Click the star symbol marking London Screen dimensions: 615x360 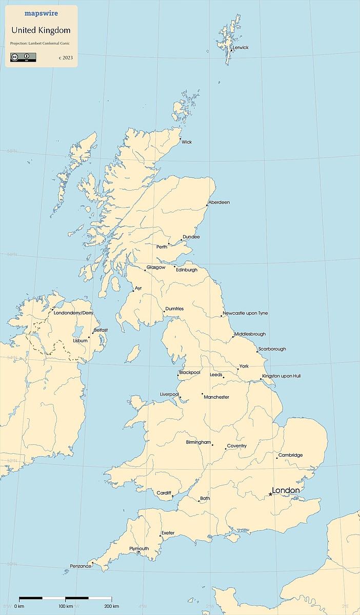(270, 494)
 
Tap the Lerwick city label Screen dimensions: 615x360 (241, 48)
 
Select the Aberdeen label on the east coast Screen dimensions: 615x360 (219, 202)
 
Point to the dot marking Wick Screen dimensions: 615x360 (181, 138)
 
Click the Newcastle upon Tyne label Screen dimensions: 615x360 (245, 313)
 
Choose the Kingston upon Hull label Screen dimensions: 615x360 (281, 376)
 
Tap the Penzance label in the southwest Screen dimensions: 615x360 (81, 566)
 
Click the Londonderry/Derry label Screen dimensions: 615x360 (73, 312)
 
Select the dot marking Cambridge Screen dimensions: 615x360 (277, 458)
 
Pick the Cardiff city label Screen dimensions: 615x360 (164, 493)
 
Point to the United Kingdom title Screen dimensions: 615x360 (41, 30)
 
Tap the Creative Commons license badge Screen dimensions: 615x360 (23, 57)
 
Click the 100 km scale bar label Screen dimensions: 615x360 (65, 606)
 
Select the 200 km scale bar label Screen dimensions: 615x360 (111, 606)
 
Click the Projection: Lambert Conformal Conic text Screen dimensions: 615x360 (40, 43)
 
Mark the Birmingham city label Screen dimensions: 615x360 (198, 442)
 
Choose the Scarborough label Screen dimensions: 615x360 (272, 349)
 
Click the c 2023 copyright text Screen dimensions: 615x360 (66, 58)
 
